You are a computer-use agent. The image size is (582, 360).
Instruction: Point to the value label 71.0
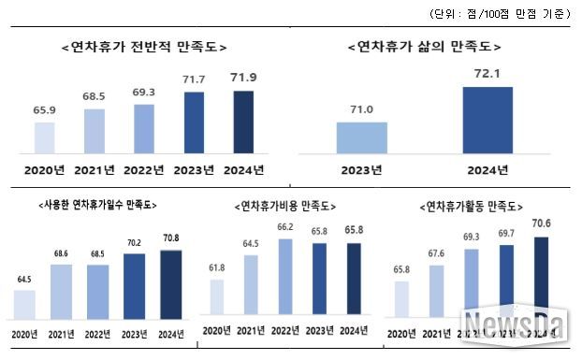point(361,110)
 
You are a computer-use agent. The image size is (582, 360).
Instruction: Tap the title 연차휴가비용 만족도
point(284,205)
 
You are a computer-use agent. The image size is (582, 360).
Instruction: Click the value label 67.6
point(437,252)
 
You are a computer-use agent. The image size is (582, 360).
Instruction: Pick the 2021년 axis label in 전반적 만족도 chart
point(95,169)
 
